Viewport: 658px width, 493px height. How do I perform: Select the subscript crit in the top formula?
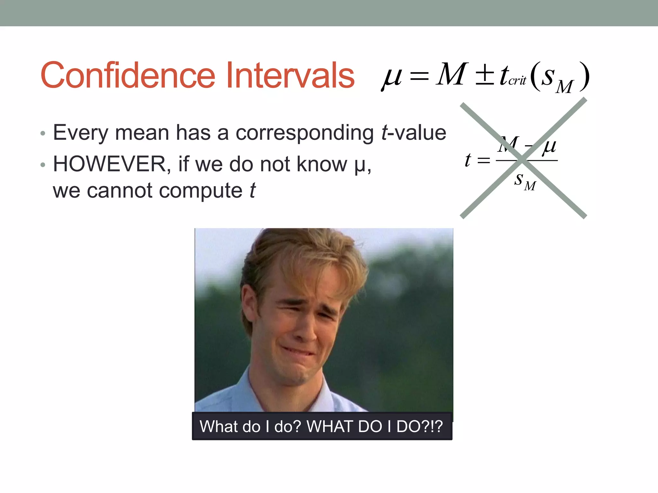[517, 81]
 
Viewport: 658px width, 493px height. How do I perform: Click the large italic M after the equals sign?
[451, 74]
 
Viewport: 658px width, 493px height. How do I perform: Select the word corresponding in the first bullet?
[305, 133]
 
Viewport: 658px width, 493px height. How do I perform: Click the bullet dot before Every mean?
[43, 134]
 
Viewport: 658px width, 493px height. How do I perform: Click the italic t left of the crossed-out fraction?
[468, 160]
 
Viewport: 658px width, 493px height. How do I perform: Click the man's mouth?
[297, 352]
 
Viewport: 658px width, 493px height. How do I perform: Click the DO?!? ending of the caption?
[420, 427]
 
